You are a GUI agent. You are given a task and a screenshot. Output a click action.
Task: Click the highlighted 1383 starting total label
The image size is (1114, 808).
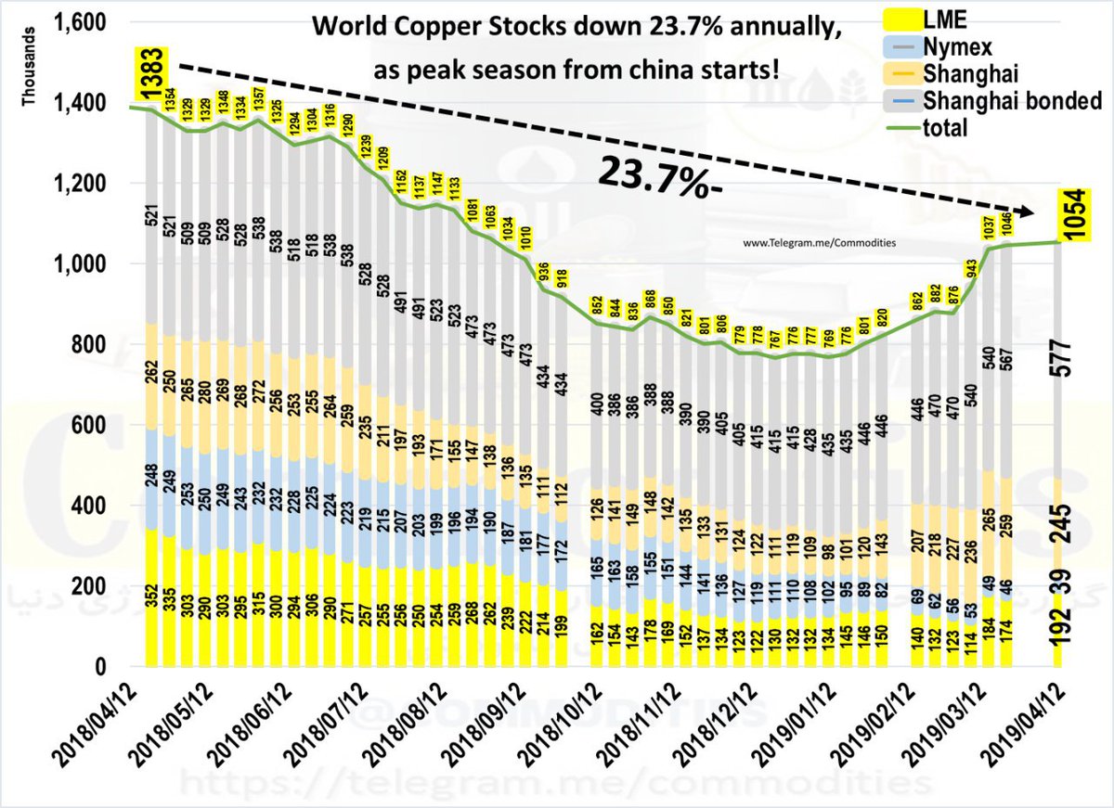pyautogui.click(x=151, y=75)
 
